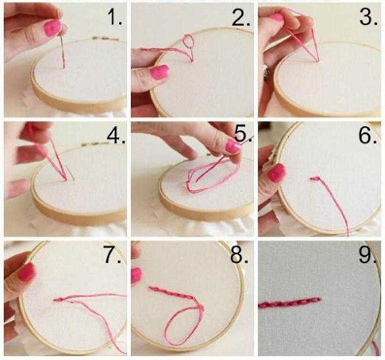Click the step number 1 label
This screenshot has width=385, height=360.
pyautogui.click(x=115, y=18)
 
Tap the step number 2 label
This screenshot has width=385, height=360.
pyautogui.click(x=241, y=18)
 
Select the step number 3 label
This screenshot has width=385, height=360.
pyautogui.click(x=368, y=17)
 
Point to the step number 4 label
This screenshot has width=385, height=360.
pyautogui.click(x=116, y=135)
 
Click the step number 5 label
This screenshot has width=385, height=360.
pyautogui.click(x=243, y=134)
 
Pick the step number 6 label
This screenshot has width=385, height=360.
pyautogui.click(x=367, y=135)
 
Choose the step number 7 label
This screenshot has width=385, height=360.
pyautogui.click(x=113, y=256)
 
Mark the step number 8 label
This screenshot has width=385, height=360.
pyautogui.click(x=240, y=256)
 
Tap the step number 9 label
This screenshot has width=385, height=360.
pyautogui.click(x=367, y=255)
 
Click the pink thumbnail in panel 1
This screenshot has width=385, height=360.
pyautogui.click(x=52, y=27)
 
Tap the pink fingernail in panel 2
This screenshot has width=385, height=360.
pyautogui.click(x=160, y=72)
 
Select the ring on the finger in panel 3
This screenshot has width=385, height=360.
pyautogui.click(x=266, y=71)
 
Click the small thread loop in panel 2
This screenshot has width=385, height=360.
pyautogui.click(x=189, y=41)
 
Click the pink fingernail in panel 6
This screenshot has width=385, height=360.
pyautogui.click(x=276, y=173)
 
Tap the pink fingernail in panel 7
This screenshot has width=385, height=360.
pyautogui.click(x=26, y=272)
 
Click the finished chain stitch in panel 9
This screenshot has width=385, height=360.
pyautogui.click(x=289, y=302)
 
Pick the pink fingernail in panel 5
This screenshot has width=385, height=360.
pyautogui.click(x=233, y=147)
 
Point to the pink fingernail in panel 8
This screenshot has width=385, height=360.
pyautogui.click(x=136, y=276)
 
